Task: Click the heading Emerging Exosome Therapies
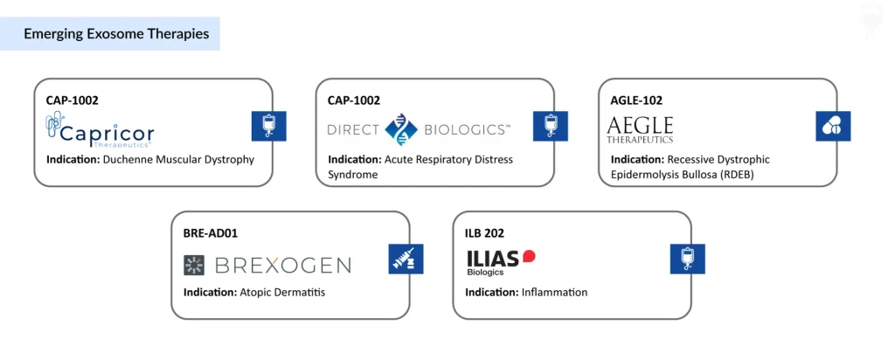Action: click(x=116, y=34)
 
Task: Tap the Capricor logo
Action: click(x=100, y=132)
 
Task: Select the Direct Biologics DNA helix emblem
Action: click(x=401, y=129)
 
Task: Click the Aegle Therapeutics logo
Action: click(x=641, y=129)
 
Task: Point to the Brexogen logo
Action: click(x=267, y=265)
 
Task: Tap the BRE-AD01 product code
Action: click(x=211, y=233)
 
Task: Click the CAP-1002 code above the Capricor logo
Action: click(x=72, y=100)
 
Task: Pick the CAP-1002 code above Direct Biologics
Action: click(x=354, y=100)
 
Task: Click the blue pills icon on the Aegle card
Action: click(x=832, y=127)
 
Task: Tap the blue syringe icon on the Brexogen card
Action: click(x=406, y=260)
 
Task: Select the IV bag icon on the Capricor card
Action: click(x=268, y=127)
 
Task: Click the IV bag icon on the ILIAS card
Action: click(x=687, y=260)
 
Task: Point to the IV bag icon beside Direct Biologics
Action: click(x=551, y=127)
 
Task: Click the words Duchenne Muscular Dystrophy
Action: click(x=178, y=159)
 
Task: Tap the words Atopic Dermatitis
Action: click(x=281, y=292)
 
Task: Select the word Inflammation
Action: click(x=554, y=292)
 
